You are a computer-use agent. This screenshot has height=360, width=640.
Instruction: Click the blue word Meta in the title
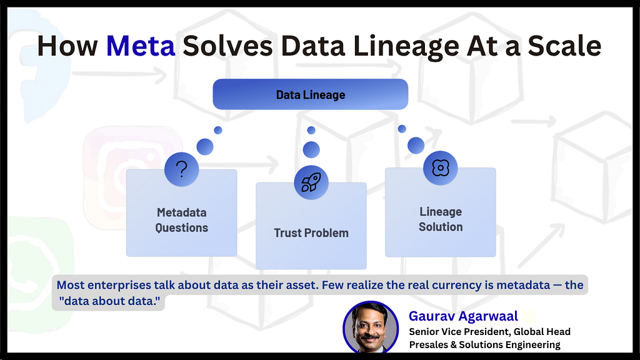(x=141, y=46)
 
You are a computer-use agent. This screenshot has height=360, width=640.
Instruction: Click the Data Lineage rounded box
(x=310, y=94)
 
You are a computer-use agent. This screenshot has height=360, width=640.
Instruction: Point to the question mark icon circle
(x=182, y=169)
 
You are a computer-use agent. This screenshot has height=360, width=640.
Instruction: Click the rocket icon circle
(x=311, y=182)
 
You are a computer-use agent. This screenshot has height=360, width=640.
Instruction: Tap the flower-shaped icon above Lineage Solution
(x=441, y=167)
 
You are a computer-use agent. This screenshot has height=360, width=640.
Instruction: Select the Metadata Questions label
(x=182, y=220)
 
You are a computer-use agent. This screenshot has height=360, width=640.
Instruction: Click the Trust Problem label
(x=311, y=233)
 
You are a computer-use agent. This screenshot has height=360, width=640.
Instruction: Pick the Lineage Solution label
(x=441, y=219)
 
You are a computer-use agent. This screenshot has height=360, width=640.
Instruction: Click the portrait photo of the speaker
(x=371, y=327)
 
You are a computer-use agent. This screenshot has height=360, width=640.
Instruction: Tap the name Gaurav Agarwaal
(x=463, y=316)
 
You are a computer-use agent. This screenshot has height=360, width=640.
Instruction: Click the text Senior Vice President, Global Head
(x=490, y=331)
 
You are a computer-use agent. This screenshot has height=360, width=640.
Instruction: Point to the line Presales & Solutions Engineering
(x=484, y=344)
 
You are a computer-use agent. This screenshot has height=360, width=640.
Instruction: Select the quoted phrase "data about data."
(x=109, y=301)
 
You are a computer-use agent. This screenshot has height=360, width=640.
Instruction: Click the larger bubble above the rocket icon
(x=311, y=150)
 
